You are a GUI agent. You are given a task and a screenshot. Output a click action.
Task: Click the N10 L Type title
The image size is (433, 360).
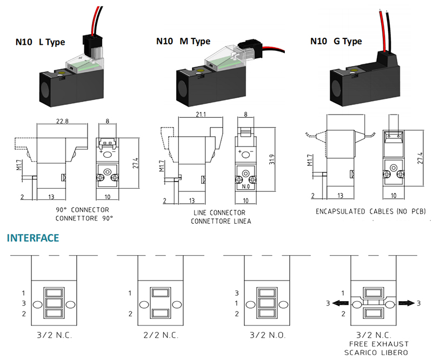point(48,42)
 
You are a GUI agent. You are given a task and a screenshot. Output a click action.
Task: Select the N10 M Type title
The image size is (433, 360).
point(183,41)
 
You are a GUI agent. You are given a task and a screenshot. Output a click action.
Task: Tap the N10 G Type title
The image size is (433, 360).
point(336,42)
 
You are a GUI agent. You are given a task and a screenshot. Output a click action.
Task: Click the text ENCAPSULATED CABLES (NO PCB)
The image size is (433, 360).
point(370,211)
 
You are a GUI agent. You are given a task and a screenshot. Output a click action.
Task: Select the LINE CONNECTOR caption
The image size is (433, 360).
point(215,214)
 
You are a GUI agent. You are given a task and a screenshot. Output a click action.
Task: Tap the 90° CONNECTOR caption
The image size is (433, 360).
point(82,210)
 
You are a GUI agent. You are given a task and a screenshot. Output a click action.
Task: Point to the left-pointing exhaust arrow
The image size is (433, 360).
point(340,303)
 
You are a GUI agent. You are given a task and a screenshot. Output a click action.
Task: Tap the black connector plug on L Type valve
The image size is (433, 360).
point(89,40)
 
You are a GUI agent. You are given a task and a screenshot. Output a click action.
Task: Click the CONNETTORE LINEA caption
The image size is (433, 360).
point(215,221)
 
